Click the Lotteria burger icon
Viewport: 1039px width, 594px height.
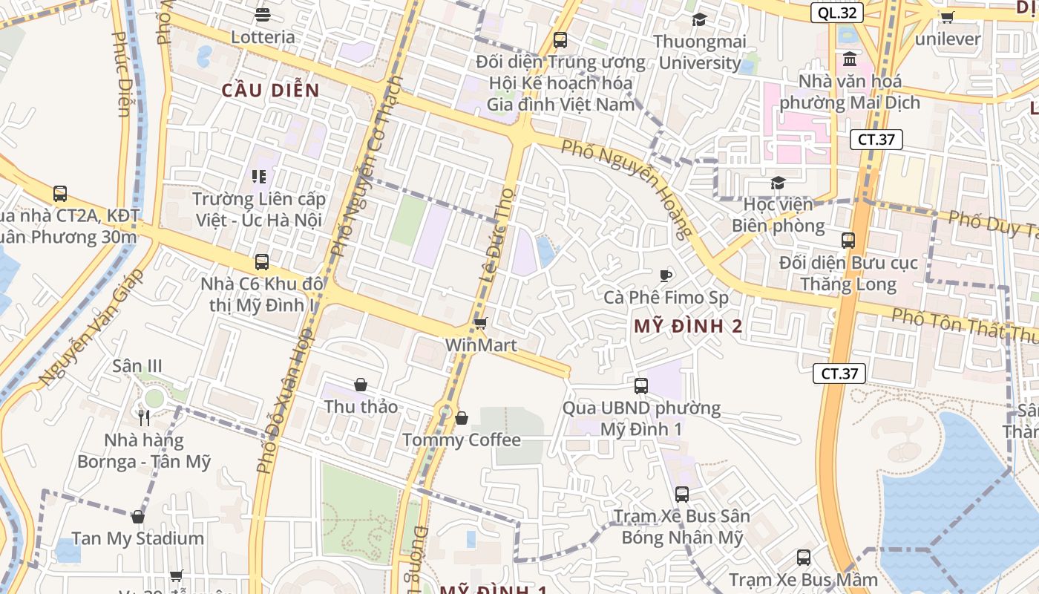[262, 14]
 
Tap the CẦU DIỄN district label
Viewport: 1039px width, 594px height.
[270, 91]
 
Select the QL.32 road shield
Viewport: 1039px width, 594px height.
[836, 13]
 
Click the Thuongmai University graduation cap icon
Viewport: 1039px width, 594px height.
[698, 19]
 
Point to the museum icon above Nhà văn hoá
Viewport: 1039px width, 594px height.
[850, 58]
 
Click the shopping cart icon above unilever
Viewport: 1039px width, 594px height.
[947, 16]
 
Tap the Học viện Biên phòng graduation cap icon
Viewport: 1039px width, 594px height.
[778, 183]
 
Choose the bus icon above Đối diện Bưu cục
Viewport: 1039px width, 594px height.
[848, 240]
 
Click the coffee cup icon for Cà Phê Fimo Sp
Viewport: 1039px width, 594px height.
[666, 275]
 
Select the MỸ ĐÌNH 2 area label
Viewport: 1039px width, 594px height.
[688, 326]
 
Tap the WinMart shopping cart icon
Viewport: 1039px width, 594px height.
[480, 323]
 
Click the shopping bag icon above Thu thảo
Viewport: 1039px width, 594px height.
[361, 385]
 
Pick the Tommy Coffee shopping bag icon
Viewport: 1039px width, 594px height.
[462, 418]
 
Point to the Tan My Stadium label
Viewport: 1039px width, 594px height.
[138, 538]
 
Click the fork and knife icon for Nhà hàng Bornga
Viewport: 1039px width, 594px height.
[144, 417]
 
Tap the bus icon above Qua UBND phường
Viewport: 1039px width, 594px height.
[641, 385]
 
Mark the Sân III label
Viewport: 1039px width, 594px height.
[137, 366]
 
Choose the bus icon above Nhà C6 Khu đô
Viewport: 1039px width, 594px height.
[262, 261]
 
